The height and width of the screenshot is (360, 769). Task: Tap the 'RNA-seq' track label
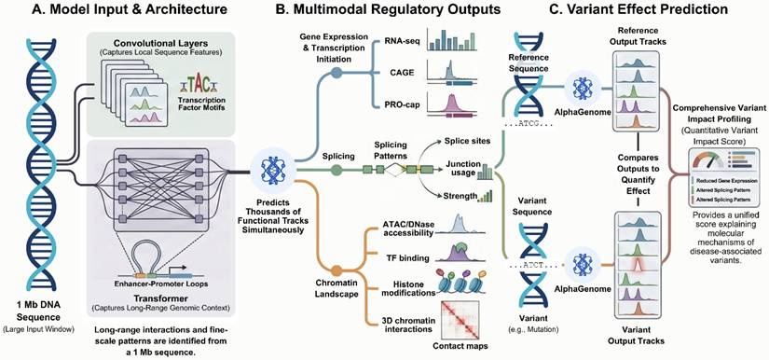pos(402,43)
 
